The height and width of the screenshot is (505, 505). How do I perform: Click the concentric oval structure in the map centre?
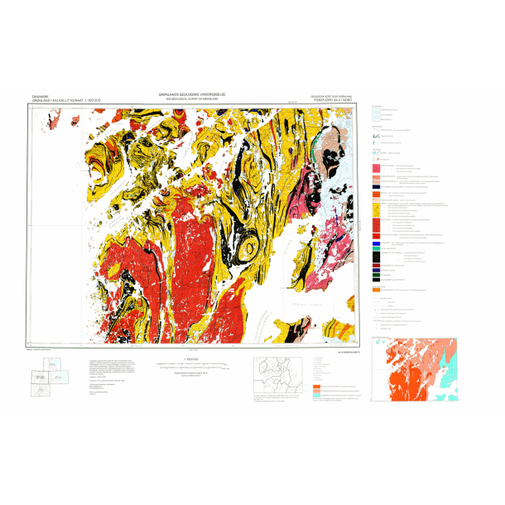248,248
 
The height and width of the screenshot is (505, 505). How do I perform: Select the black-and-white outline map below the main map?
278,376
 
